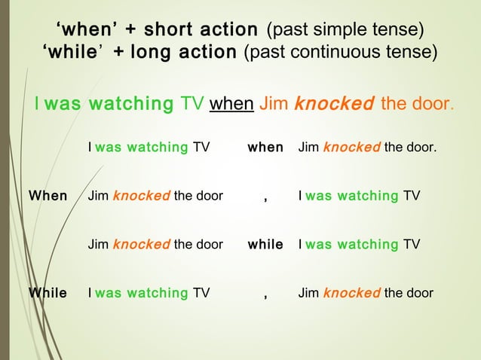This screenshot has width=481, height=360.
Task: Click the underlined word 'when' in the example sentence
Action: point(231,103)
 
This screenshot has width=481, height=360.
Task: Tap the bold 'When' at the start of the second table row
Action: point(47,196)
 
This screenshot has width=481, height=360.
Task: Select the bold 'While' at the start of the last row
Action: point(47,292)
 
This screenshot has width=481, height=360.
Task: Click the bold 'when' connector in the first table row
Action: point(265,148)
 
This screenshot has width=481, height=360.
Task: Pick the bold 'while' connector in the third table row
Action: point(265,244)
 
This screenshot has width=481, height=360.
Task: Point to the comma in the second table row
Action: point(265,197)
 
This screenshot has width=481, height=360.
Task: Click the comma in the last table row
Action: point(265,294)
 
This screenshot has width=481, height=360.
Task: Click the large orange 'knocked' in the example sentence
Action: point(334,103)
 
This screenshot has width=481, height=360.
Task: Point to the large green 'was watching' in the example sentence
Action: point(109,103)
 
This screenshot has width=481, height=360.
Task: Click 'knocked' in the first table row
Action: point(351,148)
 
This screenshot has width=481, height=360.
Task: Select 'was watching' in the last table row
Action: point(141,292)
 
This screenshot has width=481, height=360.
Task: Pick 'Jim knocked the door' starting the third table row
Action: point(155,244)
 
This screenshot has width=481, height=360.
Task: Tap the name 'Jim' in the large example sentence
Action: point(273,103)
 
